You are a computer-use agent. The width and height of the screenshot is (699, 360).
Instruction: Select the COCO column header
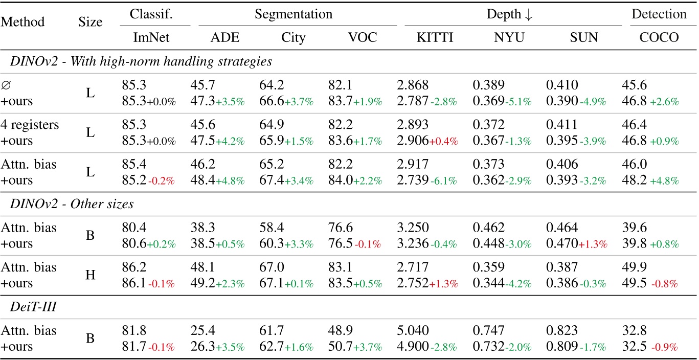[x=659, y=38]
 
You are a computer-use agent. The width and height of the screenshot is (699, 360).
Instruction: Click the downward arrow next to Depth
[x=529, y=15]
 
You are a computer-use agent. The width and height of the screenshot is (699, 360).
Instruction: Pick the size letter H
[x=91, y=276]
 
